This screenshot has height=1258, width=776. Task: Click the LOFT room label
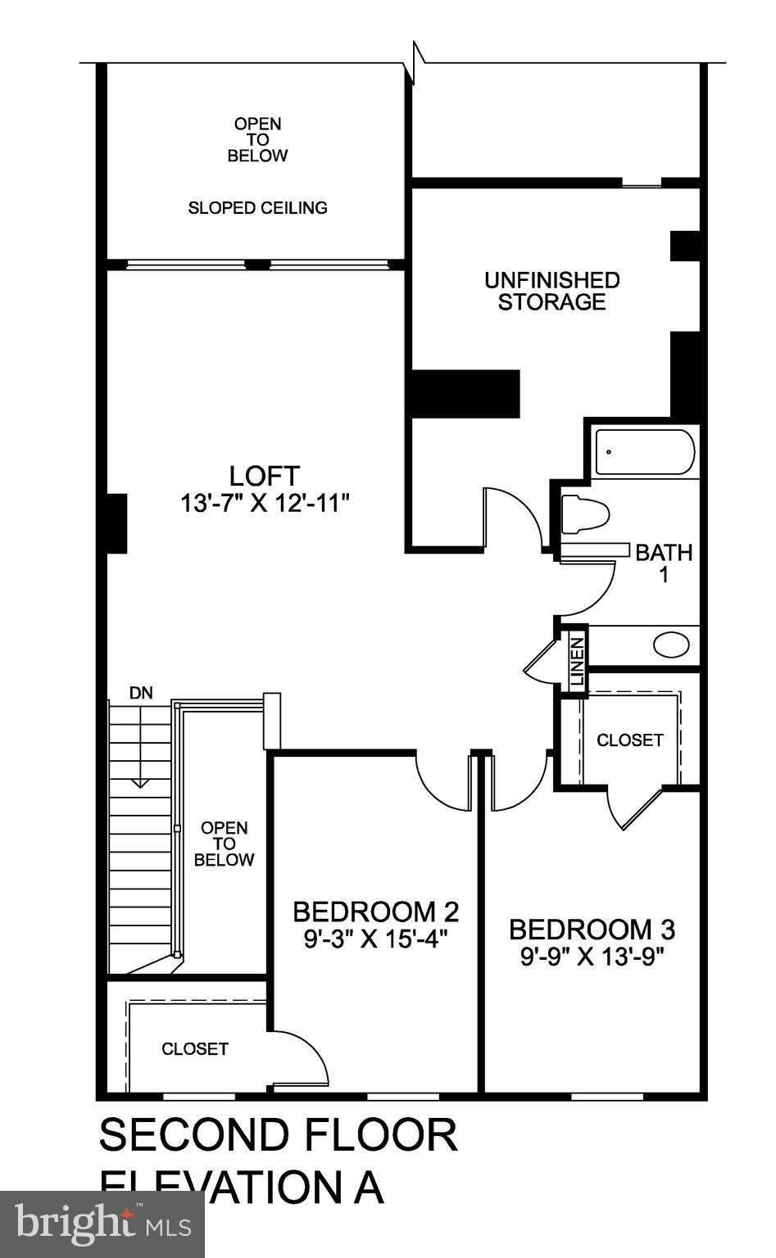[x=264, y=475]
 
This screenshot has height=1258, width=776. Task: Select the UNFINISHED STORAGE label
[x=551, y=291]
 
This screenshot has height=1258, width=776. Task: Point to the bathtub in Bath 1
[x=644, y=452]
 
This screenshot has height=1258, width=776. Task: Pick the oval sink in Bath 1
[x=671, y=645]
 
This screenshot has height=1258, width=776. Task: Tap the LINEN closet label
[x=578, y=661]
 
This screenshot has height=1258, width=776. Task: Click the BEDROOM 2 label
[x=375, y=911]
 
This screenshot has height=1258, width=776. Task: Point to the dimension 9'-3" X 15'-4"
[x=375, y=939]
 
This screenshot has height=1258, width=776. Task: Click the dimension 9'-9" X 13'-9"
[x=592, y=956]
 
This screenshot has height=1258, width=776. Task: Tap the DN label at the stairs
[x=141, y=693]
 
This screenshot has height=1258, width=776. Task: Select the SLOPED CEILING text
[x=257, y=208]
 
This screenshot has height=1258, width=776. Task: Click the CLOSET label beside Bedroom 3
[x=629, y=740]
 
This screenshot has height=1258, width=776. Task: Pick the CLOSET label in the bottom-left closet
[x=195, y=1048]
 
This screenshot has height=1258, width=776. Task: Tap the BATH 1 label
[x=664, y=563]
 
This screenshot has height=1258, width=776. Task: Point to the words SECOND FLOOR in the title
[x=278, y=1135]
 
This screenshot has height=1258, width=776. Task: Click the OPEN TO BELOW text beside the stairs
[x=224, y=844]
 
